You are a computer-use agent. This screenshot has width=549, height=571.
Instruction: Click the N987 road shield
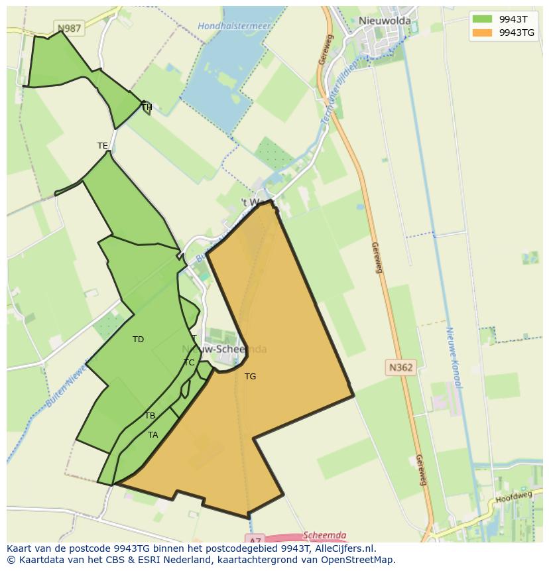coord(69,29)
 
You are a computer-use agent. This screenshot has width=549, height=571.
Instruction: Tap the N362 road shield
coord(400,366)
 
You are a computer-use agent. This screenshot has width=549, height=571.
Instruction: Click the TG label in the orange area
coord(250,377)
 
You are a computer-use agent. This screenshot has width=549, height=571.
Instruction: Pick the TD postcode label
coord(138,340)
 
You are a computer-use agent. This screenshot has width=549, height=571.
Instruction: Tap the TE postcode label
coord(102,146)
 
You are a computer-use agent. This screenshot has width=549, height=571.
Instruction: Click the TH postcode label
coord(147,107)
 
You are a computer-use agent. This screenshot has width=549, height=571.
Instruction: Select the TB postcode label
coord(150,416)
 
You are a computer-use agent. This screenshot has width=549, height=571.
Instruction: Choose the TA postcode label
coord(153,435)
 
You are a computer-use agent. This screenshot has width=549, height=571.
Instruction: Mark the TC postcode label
coord(189,363)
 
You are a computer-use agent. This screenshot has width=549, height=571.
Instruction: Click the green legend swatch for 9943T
coord(482,19)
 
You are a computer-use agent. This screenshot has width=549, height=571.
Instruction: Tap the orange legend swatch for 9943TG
coord(482,32)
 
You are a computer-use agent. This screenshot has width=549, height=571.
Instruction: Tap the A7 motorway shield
coord(255,539)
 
